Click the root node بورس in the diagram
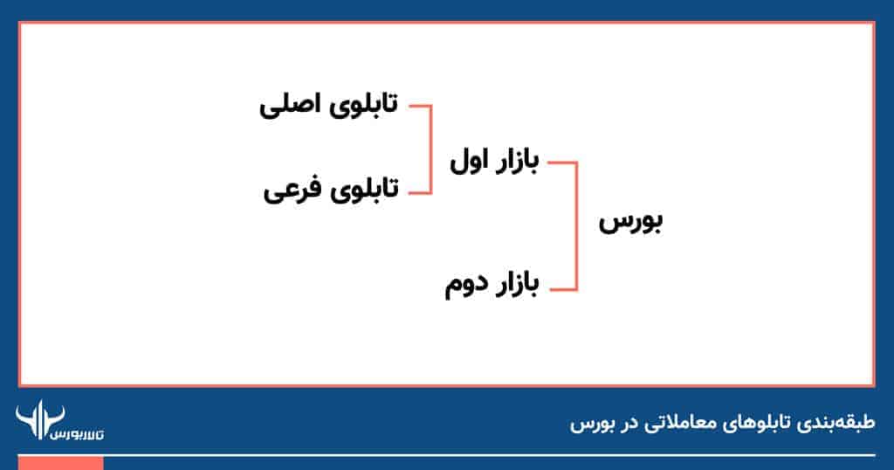point(630,223)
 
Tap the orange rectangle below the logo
point(60,462)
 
